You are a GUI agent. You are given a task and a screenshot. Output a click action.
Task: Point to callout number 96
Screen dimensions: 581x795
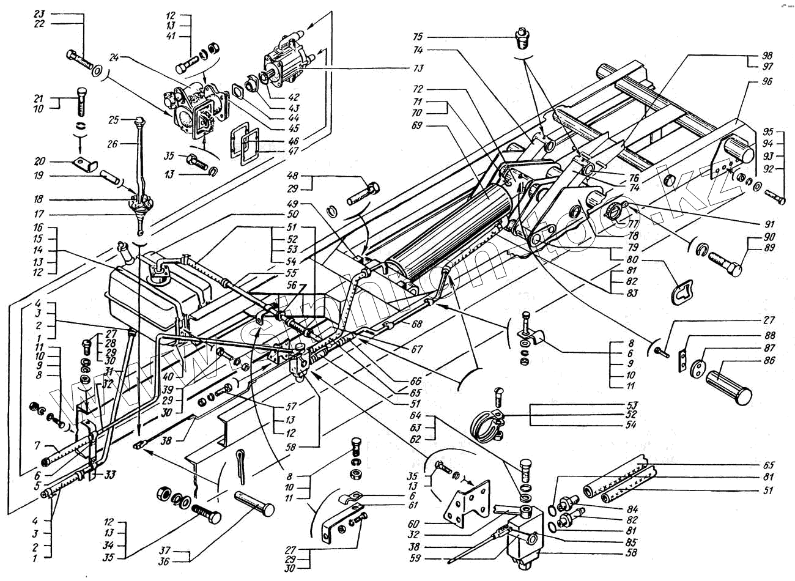tap(767, 80)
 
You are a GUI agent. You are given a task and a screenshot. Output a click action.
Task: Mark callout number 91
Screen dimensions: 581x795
tap(768, 224)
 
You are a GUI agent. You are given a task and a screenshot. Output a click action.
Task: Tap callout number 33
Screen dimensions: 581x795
tap(110, 473)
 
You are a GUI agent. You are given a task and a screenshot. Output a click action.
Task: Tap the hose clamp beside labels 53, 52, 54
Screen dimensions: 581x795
tap(489, 422)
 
